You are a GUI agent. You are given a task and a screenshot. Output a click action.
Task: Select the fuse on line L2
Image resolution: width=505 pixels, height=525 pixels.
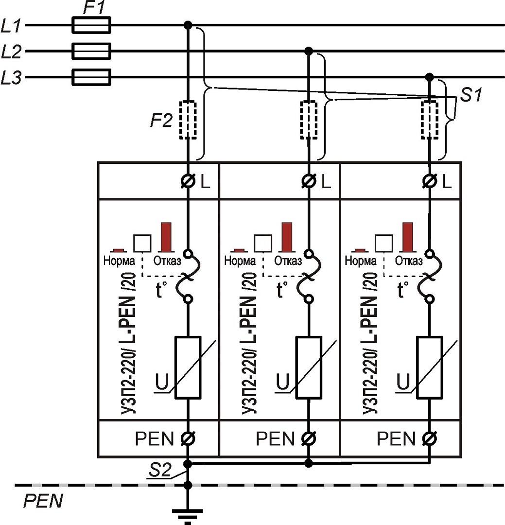pos(91,51)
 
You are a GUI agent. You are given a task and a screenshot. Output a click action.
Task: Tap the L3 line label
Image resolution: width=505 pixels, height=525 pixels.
pos(11,78)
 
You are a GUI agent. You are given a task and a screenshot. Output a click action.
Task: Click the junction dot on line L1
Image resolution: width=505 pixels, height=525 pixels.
pos(188,25)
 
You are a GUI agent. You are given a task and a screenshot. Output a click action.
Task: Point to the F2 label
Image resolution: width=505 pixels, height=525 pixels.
pos(161,120)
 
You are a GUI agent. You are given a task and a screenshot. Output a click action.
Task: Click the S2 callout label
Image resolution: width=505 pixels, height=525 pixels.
pos(161,470)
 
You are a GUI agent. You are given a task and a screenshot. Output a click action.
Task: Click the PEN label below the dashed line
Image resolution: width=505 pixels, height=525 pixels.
pos(43,501)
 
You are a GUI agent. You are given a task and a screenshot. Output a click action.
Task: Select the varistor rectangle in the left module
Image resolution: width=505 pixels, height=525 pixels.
pos(188,367)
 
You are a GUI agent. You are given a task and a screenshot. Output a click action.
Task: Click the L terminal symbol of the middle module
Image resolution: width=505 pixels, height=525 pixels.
pos(308,182)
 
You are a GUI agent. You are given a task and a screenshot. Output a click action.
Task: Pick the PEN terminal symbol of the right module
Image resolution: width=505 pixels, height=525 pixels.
pos(429,439)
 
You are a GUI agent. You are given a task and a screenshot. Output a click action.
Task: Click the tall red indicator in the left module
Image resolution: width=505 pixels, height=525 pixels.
pos(166,236)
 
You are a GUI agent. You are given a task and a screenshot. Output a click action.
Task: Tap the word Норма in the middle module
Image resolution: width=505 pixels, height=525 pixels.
pos(240,261)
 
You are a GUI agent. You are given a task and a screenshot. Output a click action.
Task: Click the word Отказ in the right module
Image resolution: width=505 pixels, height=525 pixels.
pos(408,261)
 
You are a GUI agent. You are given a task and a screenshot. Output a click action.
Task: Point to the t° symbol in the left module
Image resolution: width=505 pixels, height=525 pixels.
pos(161,290)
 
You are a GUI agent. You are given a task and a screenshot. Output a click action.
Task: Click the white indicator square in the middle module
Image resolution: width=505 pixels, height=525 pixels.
pos(263,243)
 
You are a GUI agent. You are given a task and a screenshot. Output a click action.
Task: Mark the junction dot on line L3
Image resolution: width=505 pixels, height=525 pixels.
pos(429,77)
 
